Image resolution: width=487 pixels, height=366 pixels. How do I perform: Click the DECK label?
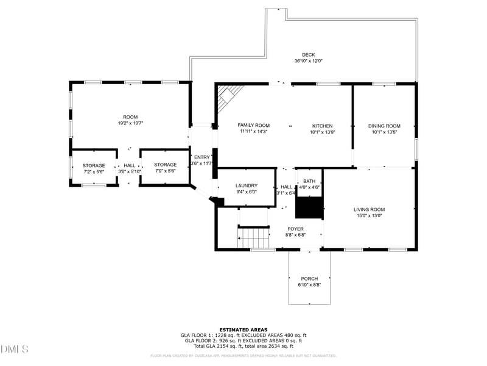click(308, 54)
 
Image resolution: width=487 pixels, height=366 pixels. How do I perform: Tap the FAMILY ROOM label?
click(253, 125)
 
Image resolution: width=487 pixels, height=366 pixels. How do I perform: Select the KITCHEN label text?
click(323, 125)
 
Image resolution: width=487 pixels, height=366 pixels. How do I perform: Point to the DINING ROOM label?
click(384, 126)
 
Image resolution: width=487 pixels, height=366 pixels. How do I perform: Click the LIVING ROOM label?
click(369, 209)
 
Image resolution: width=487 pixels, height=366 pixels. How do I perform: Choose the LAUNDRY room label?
click(246, 185)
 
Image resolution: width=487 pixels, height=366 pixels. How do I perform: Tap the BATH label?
click(309, 181)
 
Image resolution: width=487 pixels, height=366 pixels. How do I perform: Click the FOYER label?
click(295, 229)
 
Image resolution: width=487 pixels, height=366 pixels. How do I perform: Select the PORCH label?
click(309, 279)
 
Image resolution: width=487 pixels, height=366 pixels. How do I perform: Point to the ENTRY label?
click(201, 157)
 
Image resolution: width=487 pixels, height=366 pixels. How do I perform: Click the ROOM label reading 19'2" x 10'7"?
click(130, 117)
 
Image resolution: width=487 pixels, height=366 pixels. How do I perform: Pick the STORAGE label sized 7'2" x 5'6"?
click(94, 165)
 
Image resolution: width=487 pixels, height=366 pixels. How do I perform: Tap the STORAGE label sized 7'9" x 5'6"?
click(165, 165)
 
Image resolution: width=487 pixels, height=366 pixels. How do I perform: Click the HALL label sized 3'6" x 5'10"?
click(130, 165)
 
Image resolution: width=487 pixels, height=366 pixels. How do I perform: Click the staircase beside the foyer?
click(253, 237)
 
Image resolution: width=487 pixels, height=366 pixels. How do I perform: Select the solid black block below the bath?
click(309, 207)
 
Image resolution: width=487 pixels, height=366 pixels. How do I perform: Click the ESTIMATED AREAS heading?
click(243, 329)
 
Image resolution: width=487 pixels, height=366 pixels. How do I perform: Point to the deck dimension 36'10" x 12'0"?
click(308, 61)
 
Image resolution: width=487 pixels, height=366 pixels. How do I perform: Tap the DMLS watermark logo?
click(15, 350)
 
